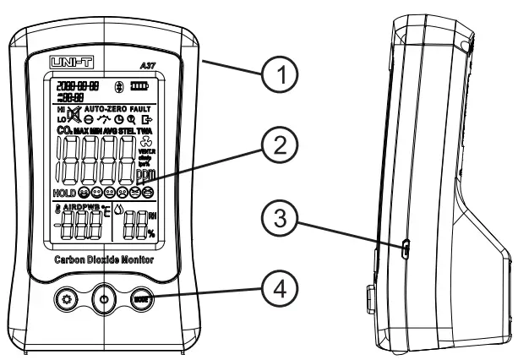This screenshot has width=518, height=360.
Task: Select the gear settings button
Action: [x=64, y=299]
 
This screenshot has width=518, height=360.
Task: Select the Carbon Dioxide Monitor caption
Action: [x=103, y=262]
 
